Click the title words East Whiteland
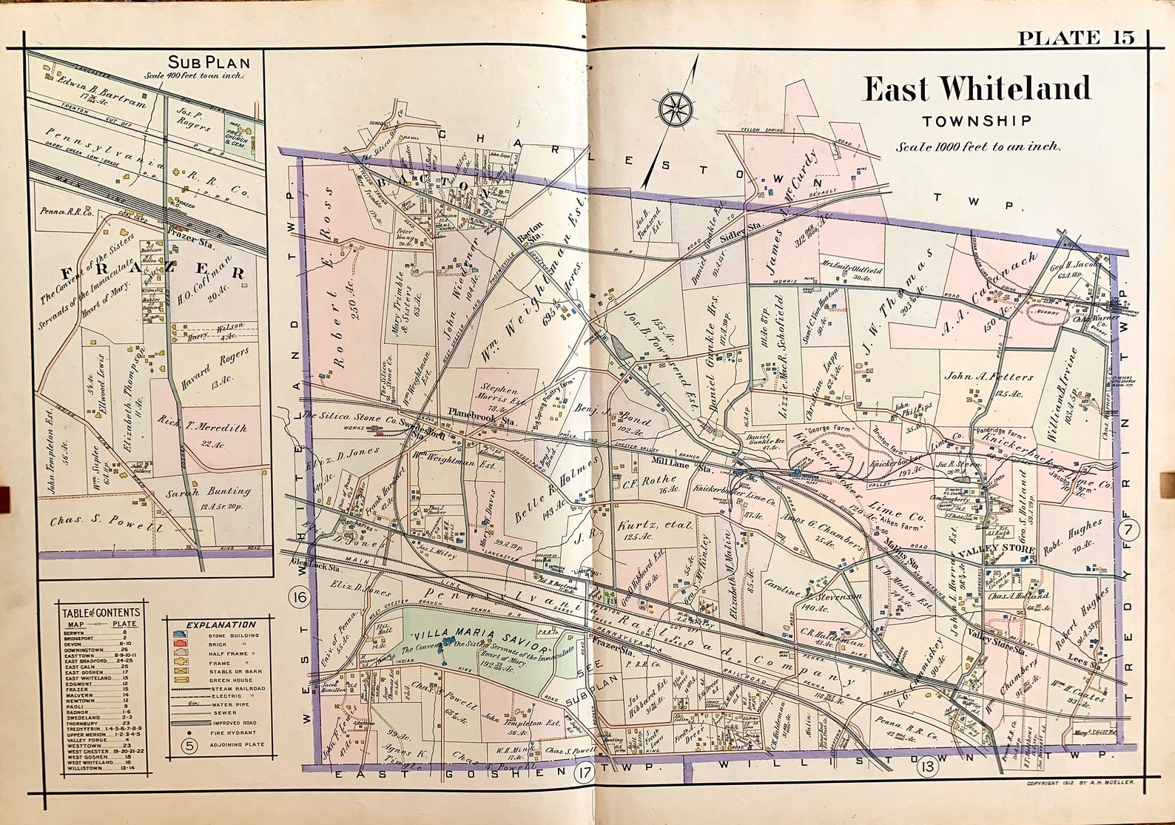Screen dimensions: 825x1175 pos(977,90)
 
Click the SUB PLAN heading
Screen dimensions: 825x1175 pos(209,62)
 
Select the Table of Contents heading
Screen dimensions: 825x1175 pos(101,613)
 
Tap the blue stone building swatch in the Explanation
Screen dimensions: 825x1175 pos(179,635)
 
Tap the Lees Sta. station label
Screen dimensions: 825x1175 pos(1084,664)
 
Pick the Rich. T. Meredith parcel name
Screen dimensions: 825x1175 pos(202,428)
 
